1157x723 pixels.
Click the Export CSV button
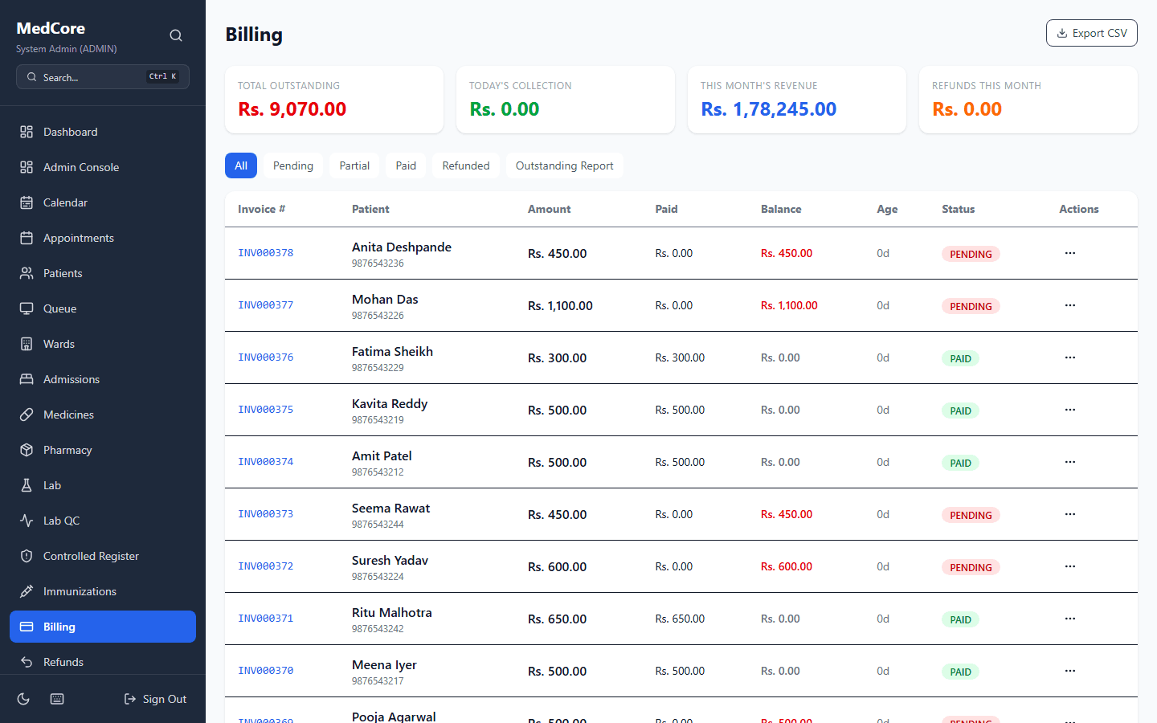pos(1091,33)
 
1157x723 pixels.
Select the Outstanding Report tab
pos(564,165)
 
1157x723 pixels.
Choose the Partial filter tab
pos(354,165)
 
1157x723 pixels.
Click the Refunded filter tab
pos(465,165)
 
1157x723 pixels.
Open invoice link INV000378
pos(266,253)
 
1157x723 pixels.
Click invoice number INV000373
pos(266,514)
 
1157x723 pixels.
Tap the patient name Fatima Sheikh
pos(392,352)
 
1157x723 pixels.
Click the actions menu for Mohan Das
pos(1069,305)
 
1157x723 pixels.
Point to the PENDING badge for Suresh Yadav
pos(970,567)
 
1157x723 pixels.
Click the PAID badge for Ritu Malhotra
pos(960,619)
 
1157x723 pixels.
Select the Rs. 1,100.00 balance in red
pos(788,305)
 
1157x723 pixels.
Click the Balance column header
pos(780,209)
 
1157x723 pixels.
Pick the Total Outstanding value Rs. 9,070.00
pos(292,109)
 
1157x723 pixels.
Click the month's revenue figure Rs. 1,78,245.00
pos(768,109)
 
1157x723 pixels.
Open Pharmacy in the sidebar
pos(67,450)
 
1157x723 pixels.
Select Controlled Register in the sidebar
pos(91,556)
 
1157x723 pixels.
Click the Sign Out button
pos(155,699)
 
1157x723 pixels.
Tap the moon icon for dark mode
pos(23,699)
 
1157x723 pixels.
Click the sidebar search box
pos(103,77)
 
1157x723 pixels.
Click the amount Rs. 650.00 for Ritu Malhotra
pos(557,619)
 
